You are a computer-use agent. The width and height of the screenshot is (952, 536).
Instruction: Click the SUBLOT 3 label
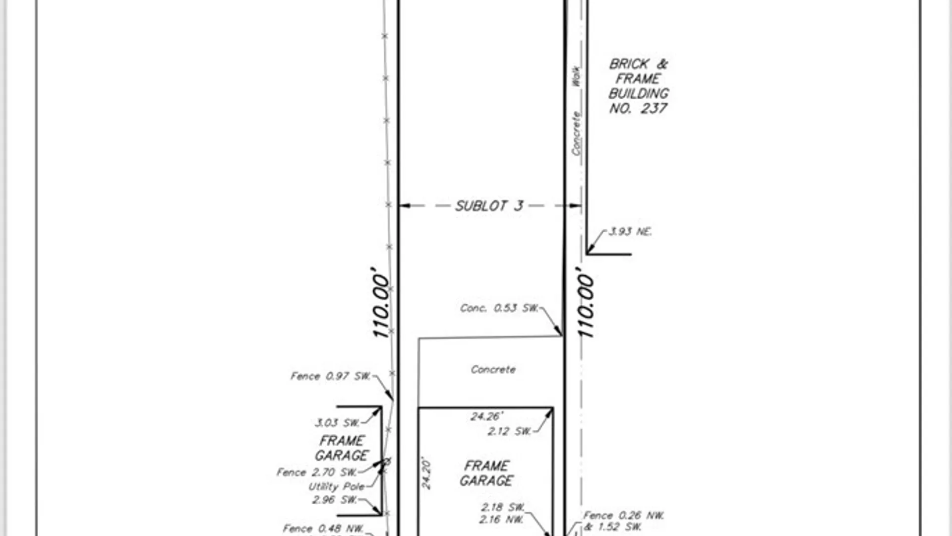coord(489,206)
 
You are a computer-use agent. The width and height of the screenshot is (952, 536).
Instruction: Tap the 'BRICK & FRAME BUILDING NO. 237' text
coord(639,86)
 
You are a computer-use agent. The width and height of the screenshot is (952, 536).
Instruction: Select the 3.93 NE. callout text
coord(630,232)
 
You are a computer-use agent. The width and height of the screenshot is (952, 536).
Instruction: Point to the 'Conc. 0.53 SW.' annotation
coord(499,308)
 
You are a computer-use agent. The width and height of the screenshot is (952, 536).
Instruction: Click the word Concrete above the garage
coord(493,370)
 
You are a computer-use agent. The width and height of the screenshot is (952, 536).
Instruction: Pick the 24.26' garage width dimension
coord(486,416)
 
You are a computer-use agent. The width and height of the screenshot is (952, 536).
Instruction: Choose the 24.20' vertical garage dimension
coord(426,474)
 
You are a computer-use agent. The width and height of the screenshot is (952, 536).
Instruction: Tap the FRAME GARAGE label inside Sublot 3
coord(486,473)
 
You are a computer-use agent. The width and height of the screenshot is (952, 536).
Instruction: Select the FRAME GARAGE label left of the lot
coord(342,448)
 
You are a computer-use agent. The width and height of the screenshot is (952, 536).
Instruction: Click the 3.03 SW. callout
coord(337,423)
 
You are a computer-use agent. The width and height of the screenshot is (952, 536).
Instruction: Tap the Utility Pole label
coord(337,487)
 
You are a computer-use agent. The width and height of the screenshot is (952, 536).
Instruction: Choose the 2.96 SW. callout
coord(334,500)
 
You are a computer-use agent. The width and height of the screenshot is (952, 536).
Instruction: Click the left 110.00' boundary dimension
coord(381,303)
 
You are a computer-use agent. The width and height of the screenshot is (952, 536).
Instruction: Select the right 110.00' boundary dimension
coord(586,303)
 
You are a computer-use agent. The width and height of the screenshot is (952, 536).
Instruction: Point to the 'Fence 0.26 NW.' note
coord(623,516)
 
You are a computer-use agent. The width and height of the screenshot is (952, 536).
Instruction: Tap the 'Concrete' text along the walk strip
coord(576,133)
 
